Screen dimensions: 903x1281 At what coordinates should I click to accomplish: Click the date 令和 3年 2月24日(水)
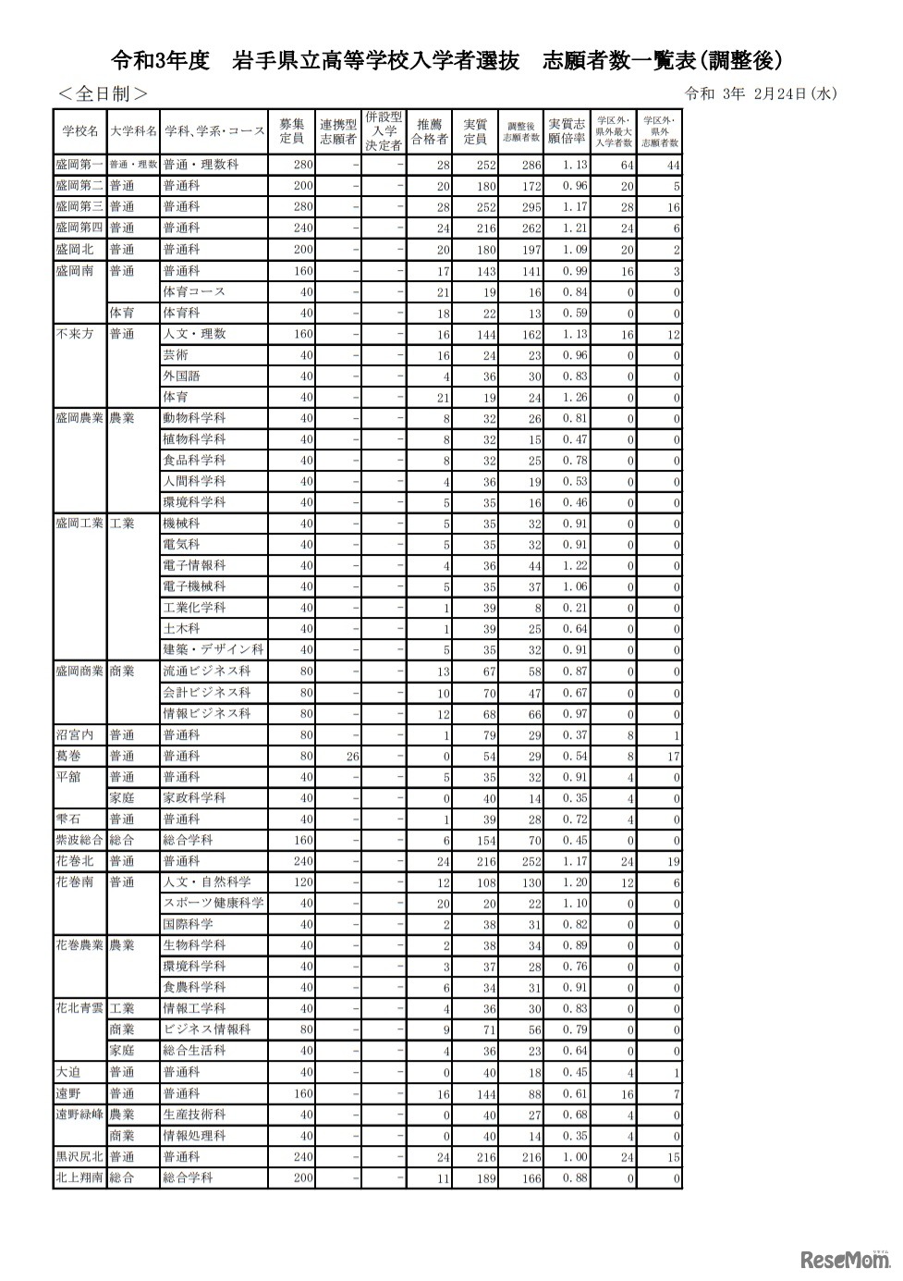coord(762,93)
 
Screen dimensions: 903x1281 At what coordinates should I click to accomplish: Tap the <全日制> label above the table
coord(103,93)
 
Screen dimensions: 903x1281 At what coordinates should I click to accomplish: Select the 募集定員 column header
coord(292,131)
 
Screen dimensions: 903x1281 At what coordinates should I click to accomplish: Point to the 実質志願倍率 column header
coord(567,131)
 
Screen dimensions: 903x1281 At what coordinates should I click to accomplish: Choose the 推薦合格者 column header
coord(429,131)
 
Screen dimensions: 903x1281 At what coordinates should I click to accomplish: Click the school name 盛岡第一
coord(79,165)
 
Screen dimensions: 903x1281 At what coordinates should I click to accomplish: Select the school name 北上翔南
coord(79,1177)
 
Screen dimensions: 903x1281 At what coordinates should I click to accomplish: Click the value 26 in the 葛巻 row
coord(352,757)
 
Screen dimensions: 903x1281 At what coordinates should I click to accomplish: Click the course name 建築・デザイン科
coord(213,650)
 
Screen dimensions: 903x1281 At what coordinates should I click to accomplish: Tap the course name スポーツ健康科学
coord(213,903)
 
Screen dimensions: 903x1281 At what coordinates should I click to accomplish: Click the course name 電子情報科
coord(194,566)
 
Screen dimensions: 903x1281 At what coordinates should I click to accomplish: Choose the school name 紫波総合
coord(79,840)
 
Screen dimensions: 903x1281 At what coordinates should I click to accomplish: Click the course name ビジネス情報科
coord(206,1029)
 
